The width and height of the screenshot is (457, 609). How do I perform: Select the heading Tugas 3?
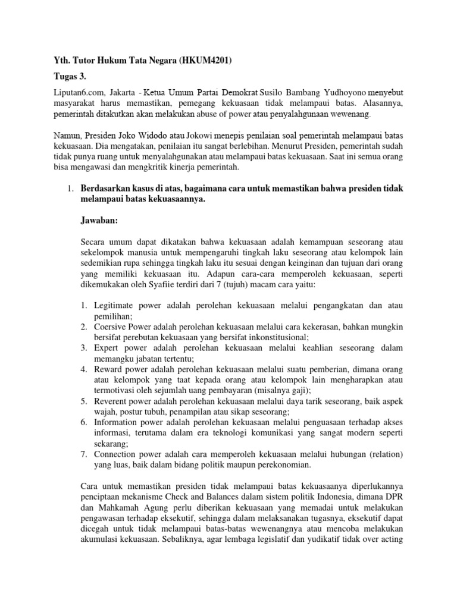pos(70,77)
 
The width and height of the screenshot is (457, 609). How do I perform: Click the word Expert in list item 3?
pos(107,347)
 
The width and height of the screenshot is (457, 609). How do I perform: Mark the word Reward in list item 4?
pos(109,369)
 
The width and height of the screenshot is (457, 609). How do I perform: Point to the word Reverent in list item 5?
pos(111,401)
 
